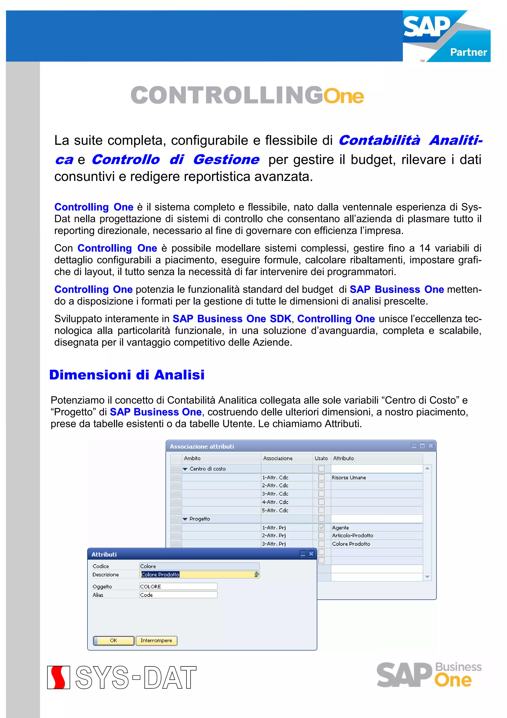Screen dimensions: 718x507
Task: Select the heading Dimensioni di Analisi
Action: [127, 375]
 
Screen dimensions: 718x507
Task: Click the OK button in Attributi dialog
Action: [114, 640]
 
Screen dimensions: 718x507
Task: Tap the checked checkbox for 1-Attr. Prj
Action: [321, 527]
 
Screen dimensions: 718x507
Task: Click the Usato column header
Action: [321, 458]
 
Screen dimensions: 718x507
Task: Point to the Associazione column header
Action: [278, 458]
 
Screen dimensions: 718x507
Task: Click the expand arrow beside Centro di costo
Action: [185, 469]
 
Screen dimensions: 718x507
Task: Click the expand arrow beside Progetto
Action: [185, 519]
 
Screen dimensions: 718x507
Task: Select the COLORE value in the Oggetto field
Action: [178, 587]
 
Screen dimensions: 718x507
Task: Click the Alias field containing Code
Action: [178, 595]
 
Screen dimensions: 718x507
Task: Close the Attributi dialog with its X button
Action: [311, 554]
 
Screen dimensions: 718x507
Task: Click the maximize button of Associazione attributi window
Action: [422, 446]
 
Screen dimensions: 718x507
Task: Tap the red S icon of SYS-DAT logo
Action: [58, 677]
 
